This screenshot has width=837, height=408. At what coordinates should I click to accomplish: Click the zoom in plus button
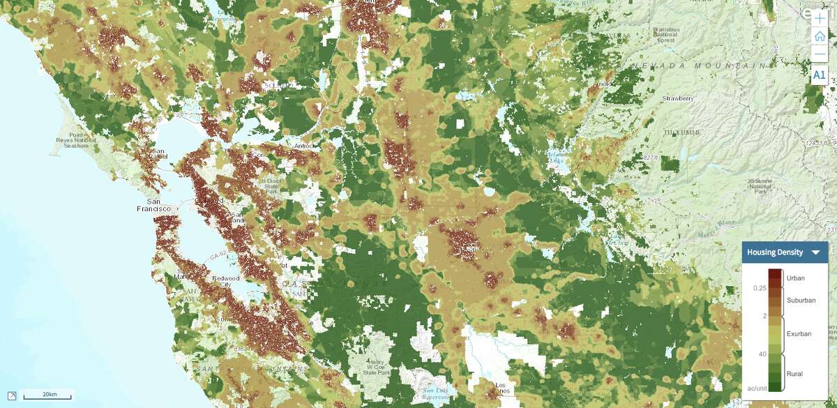(819, 19)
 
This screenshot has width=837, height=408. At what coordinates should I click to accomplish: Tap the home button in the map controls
(819, 37)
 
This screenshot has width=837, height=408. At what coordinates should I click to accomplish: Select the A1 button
(819, 75)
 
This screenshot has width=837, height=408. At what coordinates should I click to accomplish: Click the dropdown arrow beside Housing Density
(815, 252)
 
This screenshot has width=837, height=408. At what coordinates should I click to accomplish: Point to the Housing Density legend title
(775, 252)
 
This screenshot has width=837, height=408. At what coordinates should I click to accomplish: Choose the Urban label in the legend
(795, 278)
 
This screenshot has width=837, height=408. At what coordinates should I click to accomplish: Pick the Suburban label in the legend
(799, 301)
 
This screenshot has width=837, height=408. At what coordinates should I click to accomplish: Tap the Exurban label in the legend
(799, 334)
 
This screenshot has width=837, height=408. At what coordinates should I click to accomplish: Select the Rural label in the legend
(794, 374)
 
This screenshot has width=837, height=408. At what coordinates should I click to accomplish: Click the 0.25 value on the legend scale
(760, 288)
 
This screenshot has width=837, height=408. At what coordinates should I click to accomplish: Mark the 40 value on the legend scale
(762, 354)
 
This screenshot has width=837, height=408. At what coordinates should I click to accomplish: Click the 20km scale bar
(49, 396)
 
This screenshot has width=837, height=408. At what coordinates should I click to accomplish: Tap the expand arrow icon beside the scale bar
(12, 396)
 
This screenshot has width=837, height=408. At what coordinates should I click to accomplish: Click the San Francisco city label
(153, 209)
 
